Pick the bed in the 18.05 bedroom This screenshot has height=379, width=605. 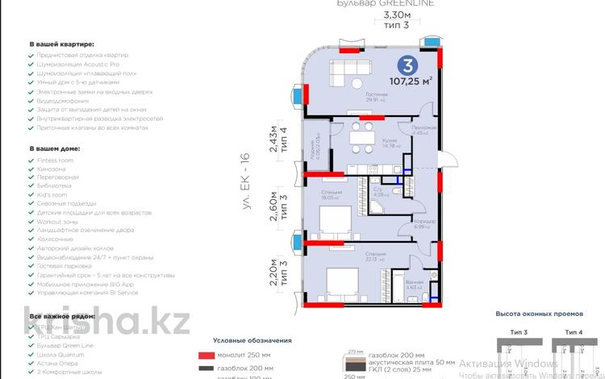[x=332, y=219]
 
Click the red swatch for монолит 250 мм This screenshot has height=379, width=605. [x=205, y=356]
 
